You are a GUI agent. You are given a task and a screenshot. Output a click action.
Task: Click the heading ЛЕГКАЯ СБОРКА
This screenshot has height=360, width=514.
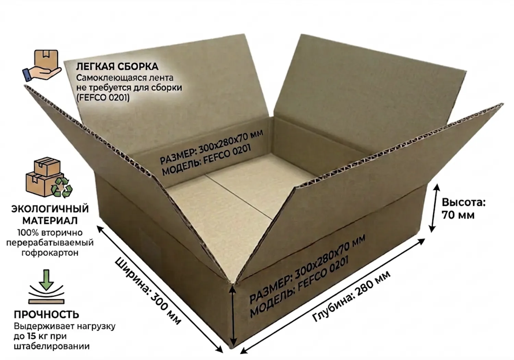click(x=117, y=67)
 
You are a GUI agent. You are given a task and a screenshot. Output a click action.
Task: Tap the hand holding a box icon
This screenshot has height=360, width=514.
click(x=42, y=65)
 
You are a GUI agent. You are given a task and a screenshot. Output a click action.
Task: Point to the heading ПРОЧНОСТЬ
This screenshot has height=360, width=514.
click(x=47, y=314)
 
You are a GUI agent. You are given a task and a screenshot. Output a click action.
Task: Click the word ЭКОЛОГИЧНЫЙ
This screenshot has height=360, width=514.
click(x=50, y=209)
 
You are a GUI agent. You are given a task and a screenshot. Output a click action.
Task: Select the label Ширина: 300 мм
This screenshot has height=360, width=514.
click(x=148, y=291)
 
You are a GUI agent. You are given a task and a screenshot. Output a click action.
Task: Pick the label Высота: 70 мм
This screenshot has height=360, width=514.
click(x=464, y=209)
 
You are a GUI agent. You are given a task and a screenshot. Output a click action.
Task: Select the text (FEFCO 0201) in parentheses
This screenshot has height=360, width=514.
click(x=103, y=98)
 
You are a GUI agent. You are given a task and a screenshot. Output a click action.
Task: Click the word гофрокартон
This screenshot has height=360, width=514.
click(x=50, y=253)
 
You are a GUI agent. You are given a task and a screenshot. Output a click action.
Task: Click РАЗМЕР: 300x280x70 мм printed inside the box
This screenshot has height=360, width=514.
click(x=211, y=147)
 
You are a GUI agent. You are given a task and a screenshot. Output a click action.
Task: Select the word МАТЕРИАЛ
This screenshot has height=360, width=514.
click(x=50, y=221)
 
